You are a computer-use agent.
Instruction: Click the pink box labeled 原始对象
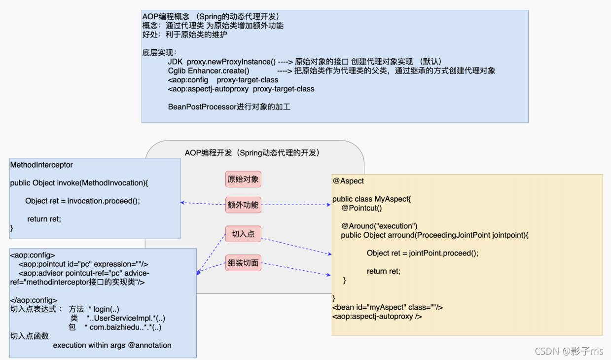[x=243, y=179]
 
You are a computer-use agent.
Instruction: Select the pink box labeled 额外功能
[x=243, y=205]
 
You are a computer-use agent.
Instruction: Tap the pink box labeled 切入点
[x=243, y=234]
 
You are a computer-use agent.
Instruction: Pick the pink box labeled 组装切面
[x=243, y=263]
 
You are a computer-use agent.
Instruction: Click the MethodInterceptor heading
[x=41, y=165]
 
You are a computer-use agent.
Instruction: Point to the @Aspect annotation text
[x=348, y=181]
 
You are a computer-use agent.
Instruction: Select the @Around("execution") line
[x=379, y=226]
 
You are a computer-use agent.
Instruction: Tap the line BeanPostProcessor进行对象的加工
[x=229, y=107]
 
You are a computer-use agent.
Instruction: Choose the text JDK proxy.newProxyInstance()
[x=221, y=62]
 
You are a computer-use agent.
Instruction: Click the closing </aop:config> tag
[x=34, y=300]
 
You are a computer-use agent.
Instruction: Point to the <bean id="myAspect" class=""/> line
[x=388, y=307]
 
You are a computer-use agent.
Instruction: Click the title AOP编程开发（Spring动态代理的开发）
[x=252, y=153]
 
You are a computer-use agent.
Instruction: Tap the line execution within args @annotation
[x=112, y=345]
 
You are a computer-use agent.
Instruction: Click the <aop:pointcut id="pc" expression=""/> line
[x=83, y=264]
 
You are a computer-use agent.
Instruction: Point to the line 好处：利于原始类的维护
[x=185, y=35]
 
